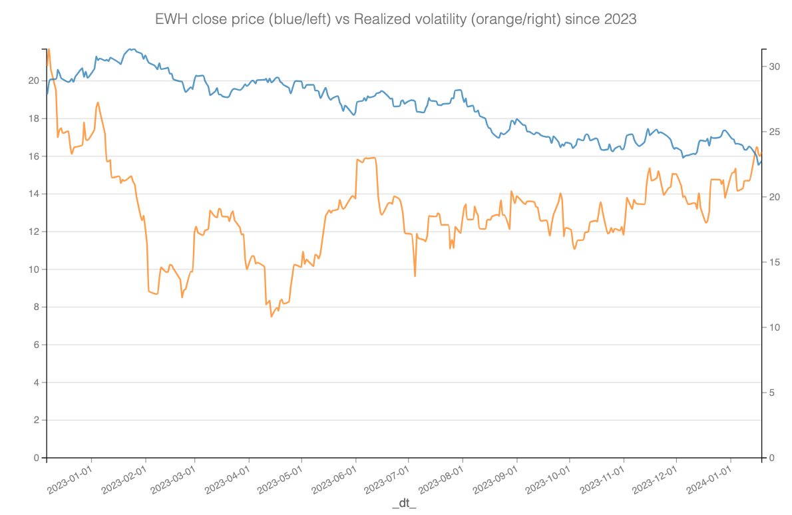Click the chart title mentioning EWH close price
[395, 19]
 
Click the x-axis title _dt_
[404, 504]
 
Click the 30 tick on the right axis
[774, 67]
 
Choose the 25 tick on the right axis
[774, 132]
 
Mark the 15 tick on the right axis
[774, 262]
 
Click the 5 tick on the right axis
[772, 393]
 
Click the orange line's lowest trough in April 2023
[272, 316]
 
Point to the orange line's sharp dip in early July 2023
[415, 276]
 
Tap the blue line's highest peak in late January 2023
[131, 49]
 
